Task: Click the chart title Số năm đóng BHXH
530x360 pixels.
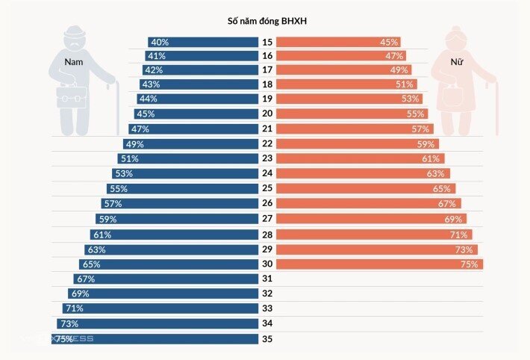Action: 267,21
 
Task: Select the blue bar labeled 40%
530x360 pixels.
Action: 203,43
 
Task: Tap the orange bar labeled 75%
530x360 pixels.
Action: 380,264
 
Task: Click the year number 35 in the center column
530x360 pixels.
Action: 267,338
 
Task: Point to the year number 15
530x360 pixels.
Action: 267,43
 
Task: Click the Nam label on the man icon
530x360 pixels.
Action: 74,62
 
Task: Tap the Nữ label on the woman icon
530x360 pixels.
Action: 457,61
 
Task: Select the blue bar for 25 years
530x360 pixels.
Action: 183,189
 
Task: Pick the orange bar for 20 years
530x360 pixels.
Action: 352,114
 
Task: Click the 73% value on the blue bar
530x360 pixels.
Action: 69,324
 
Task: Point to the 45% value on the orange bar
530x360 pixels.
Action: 389,43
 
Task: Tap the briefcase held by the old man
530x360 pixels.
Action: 72,96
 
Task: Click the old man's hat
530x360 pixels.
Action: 75,32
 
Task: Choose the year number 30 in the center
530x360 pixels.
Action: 267,264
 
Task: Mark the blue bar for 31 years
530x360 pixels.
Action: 166,279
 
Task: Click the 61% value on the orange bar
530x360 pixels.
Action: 431,158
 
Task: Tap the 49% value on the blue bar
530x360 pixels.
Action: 135,144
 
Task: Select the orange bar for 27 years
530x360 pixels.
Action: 372,219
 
